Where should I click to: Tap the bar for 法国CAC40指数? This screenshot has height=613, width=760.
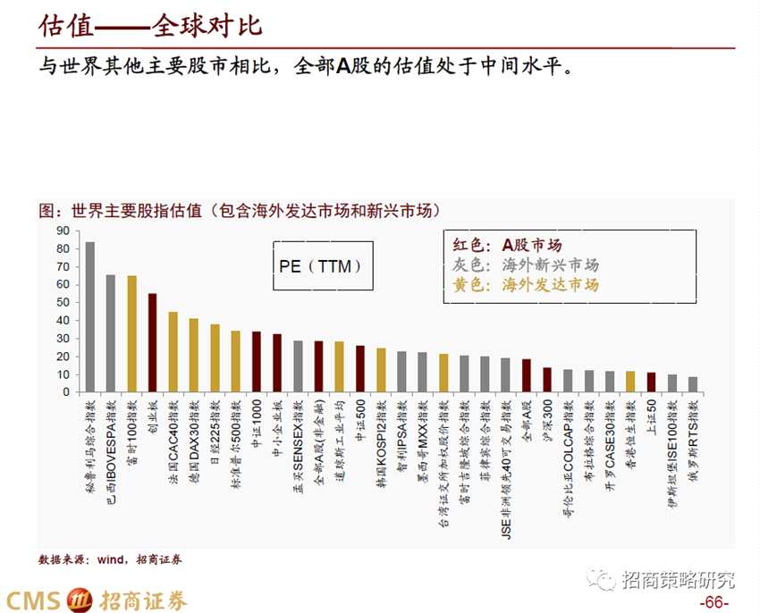173,351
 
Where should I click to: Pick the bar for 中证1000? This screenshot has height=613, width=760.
257,361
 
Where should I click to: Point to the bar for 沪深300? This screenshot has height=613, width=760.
547,379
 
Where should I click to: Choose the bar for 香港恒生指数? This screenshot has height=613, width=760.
630,381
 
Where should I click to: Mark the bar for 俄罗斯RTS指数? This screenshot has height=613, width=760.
693,383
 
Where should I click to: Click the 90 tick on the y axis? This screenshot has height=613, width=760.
63,231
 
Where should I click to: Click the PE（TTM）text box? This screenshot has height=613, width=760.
321,265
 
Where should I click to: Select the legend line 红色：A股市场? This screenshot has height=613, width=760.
508,245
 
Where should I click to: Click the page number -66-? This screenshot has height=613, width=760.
714,601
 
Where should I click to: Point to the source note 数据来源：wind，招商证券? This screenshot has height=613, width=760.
110,559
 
